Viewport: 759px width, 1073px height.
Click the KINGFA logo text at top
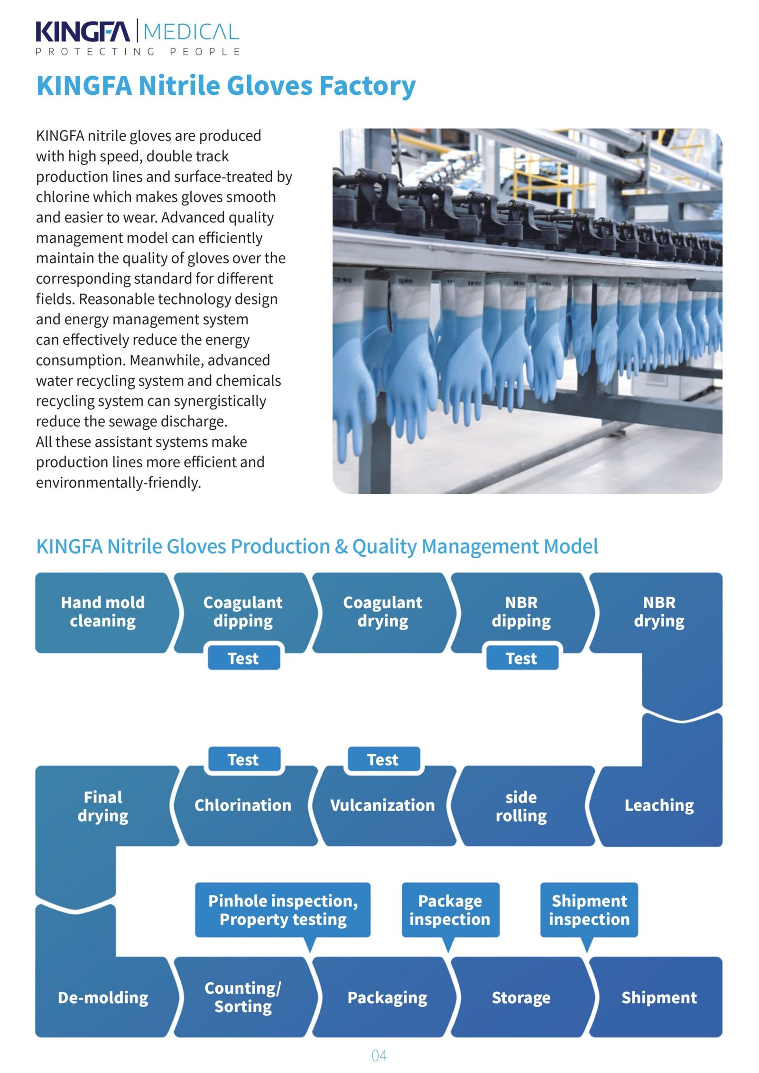click(x=83, y=32)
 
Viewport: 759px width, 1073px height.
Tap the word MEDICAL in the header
click(x=191, y=32)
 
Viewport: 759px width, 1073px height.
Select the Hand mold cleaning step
click(x=103, y=612)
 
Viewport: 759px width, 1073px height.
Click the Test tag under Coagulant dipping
click(x=243, y=658)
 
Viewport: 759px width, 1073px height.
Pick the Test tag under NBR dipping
click(x=521, y=658)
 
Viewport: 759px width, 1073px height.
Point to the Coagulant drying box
click(x=382, y=612)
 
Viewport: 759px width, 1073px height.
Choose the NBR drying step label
click(x=659, y=612)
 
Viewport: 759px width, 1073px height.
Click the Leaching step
click(x=659, y=805)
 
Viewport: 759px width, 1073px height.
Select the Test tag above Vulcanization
click(x=383, y=759)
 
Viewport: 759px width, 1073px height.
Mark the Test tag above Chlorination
click(x=243, y=759)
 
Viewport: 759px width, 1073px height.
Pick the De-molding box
click(x=103, y=997)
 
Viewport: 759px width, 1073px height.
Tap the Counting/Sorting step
click(x=243, y=997)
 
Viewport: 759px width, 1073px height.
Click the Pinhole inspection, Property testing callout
click(x=283, y=910)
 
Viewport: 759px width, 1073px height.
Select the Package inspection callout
click(x=450, y=910)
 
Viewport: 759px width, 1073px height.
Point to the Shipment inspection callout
click(x=589, y=910)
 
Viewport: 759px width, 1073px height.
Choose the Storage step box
click(x=521, y=997)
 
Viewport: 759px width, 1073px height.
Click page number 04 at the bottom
click(x=379, y=1056)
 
